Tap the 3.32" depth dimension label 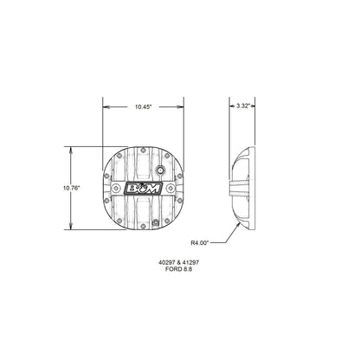click(x=243, y=107)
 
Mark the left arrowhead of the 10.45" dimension click(x=105, y=107)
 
